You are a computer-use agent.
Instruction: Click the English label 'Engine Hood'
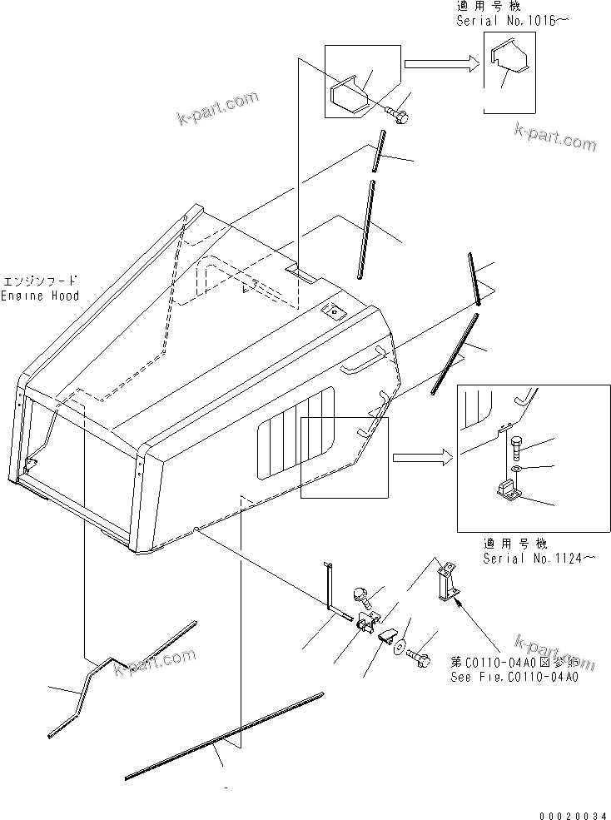click(40, 296)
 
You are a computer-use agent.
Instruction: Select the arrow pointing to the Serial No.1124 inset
click(422, 456)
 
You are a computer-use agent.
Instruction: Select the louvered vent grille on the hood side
click(296, 437)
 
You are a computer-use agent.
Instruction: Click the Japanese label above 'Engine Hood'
click(40, 281)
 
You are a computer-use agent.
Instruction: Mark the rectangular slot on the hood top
click(300, 272)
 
